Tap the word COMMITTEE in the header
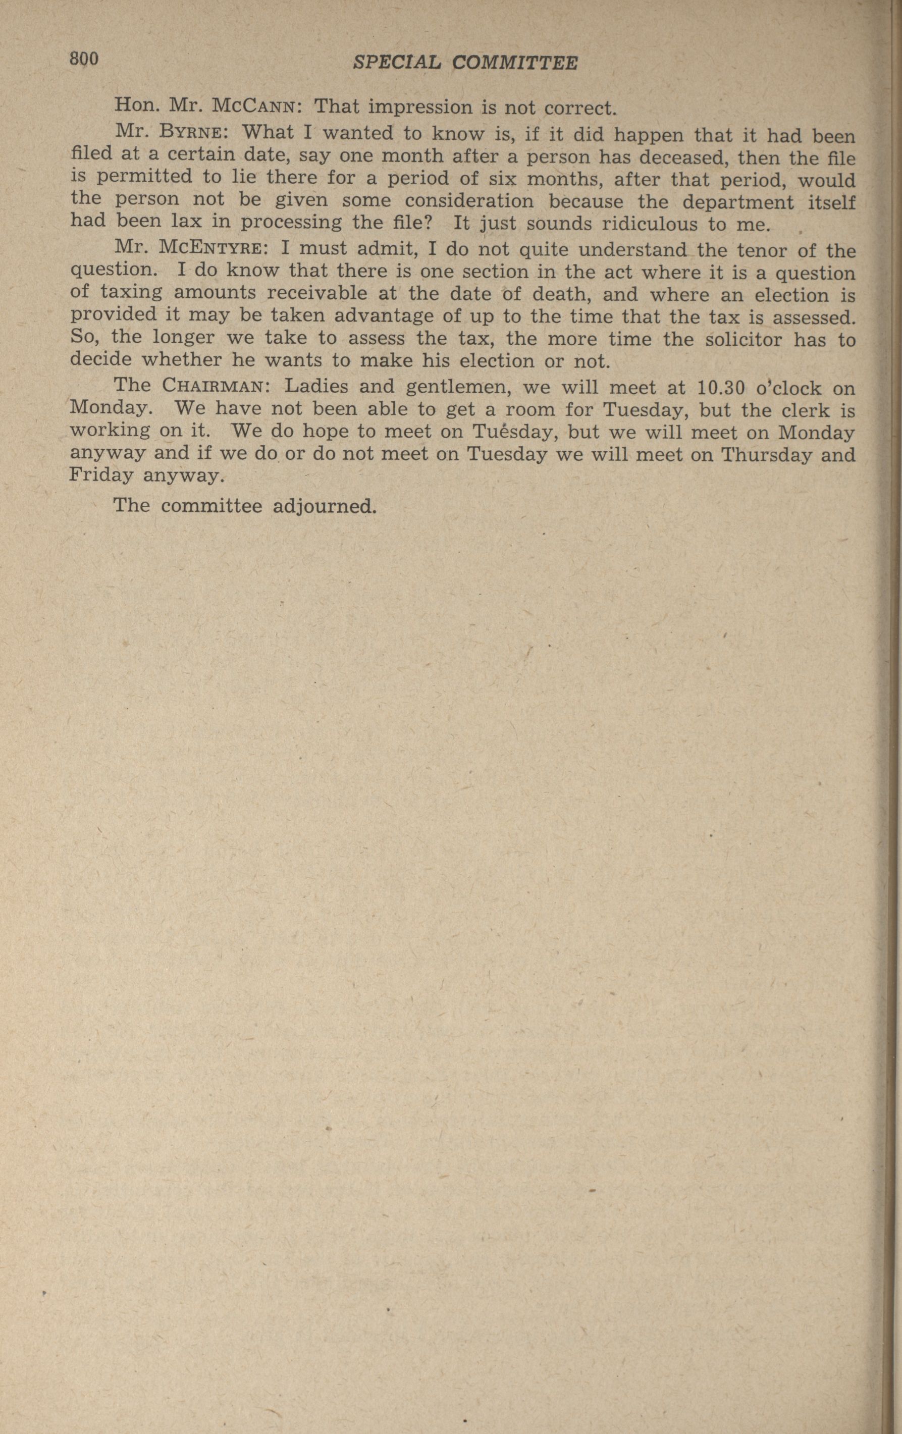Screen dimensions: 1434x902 tap(514, 63)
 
